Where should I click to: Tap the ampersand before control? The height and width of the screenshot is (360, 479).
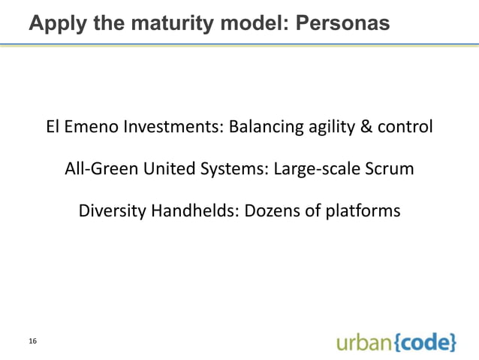[x=366, y=127]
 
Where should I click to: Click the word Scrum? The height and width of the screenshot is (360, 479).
[x=389, y=169]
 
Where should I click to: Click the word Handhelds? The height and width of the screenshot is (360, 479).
[x=195, y=212]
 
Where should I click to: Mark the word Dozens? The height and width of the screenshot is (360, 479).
[x=272, y=212]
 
